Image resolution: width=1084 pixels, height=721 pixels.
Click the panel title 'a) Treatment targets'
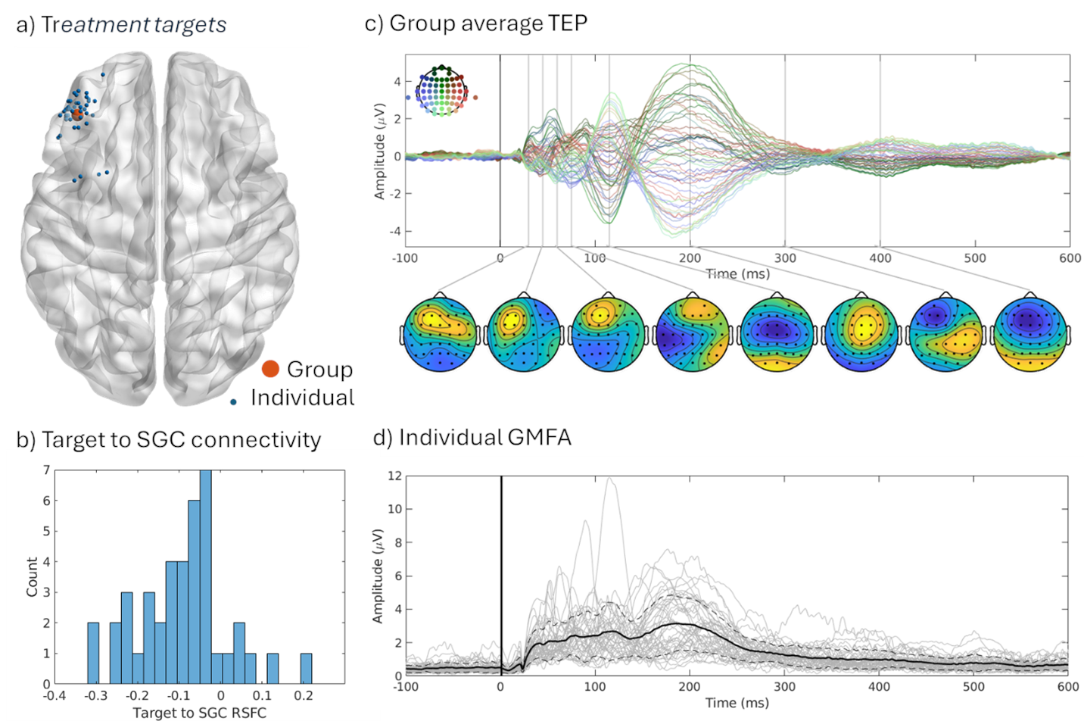(121, 25)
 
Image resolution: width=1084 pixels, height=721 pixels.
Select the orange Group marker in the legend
(270, 369)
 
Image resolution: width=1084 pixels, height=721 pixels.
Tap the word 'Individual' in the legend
(302, 398)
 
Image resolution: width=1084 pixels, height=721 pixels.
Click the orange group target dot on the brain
(76, 114)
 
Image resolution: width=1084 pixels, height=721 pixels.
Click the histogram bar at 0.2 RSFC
(306, 669)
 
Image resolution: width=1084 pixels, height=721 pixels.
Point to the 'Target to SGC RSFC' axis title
(199, 713)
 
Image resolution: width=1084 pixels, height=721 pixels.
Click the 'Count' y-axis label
(32, 577)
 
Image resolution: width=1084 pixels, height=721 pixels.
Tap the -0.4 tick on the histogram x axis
(54, 695)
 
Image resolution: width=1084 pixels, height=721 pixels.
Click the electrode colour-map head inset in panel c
(441, 92)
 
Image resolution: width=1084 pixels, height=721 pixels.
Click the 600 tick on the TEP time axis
(1070, 258)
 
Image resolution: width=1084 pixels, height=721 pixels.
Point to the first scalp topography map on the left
(440, 334)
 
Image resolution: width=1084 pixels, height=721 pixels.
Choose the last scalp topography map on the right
(1029, 334)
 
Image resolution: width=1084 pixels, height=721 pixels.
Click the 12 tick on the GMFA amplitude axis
(394, 476)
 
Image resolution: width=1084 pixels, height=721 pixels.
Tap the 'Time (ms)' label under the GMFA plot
(737, 703)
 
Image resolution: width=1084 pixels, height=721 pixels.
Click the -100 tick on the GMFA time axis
(406, 687)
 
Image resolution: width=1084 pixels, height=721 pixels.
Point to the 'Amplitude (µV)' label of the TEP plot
(380, 151)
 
